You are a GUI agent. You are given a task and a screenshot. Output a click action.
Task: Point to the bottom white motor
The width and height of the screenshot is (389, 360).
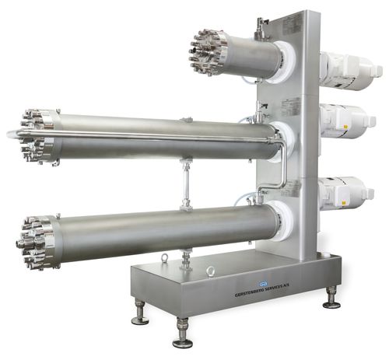[x=345, y=191]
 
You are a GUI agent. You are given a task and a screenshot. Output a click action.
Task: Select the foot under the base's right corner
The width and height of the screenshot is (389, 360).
[x=331, y=296]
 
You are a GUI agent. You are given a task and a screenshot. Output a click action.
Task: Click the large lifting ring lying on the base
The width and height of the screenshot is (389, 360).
[x=210, y=271]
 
